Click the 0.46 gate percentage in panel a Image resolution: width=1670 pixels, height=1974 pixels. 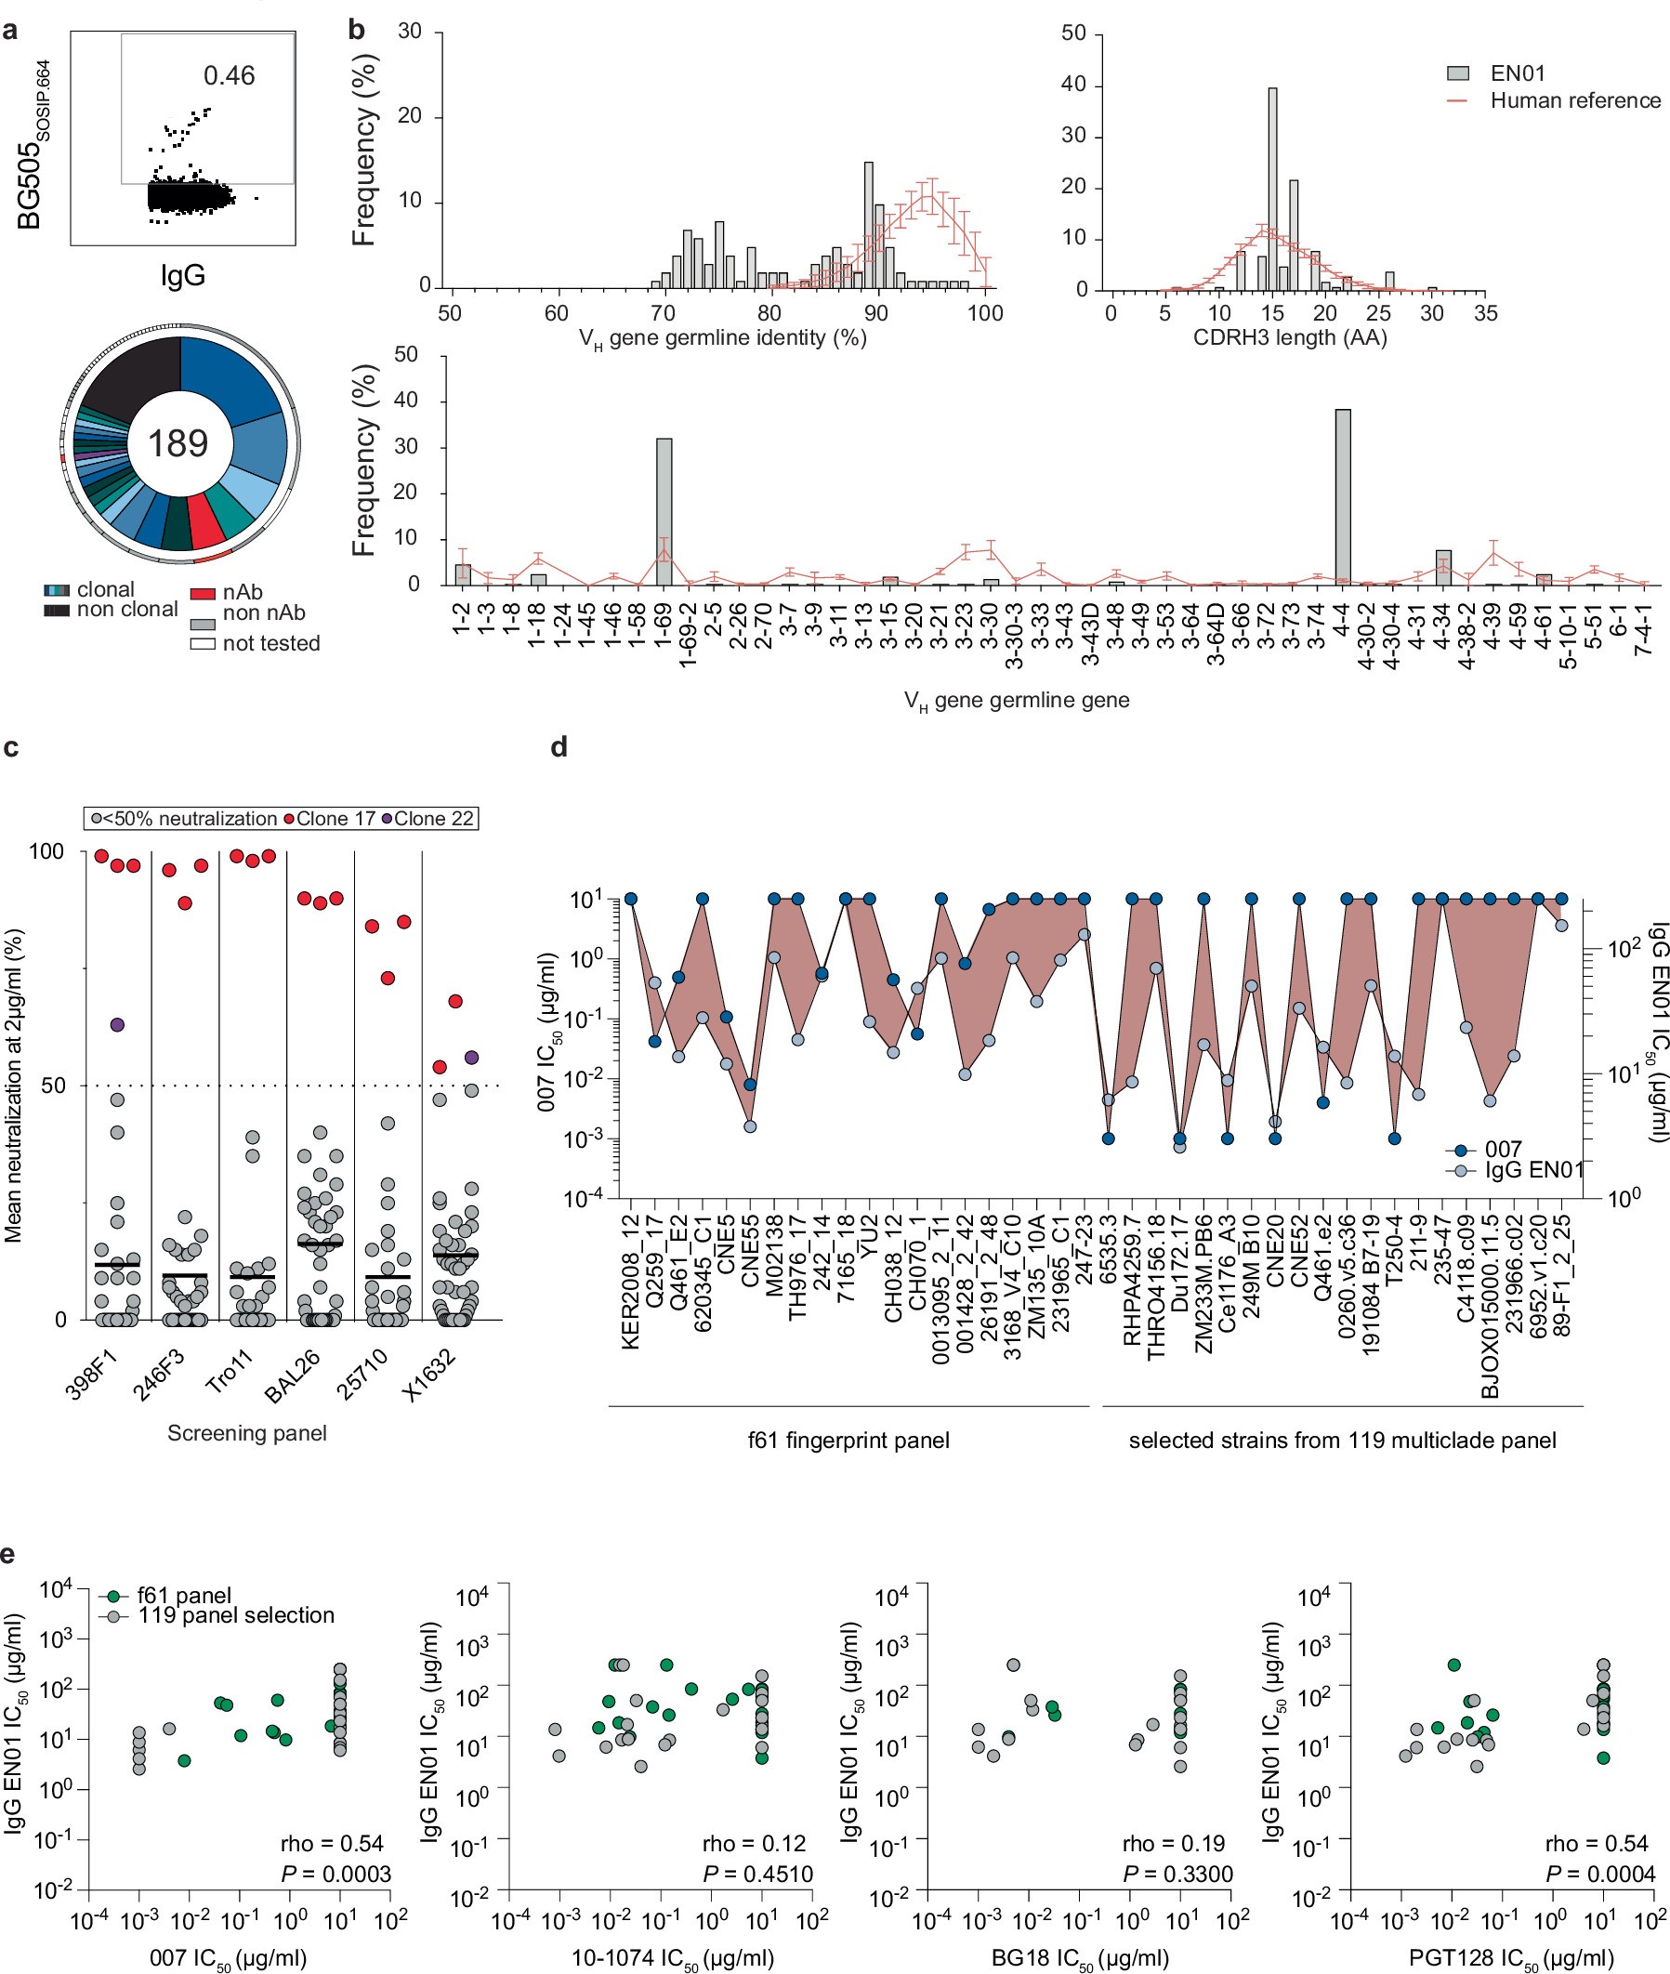(x=230, y=75)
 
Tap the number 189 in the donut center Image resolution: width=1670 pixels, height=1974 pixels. (x=178, y=443)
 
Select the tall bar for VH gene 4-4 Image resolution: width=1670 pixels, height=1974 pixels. (x=1343, y=497)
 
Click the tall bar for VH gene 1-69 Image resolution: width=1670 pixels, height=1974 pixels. (x=664, y=511)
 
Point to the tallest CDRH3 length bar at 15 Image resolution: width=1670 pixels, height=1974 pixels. (x=1272, y=190)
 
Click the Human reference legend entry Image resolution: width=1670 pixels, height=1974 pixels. (x=1574, y=100)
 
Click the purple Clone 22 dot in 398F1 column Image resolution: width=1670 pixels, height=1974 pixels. (x=117, y=1024)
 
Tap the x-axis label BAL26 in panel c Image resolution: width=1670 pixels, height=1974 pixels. (x=294, y=1375)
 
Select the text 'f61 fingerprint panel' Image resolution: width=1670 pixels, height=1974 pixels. (x=848, y=1440)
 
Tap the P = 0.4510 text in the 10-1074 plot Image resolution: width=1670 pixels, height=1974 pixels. (x=757, y=1874)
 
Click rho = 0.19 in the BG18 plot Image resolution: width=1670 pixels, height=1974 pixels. (x=1174, y=1843)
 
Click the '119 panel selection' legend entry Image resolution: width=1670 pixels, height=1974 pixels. (x=236, y=1615)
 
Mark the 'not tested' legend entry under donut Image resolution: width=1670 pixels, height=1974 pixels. (x=270, y=644)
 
